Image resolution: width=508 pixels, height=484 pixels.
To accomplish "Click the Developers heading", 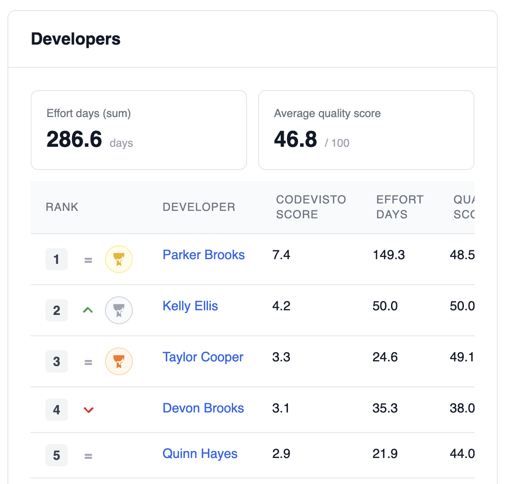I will click(x=76, y=39).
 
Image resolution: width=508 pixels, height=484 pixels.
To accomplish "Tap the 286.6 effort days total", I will click(x=74, y=139).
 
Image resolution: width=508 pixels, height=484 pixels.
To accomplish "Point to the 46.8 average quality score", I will click(x=295, y=139).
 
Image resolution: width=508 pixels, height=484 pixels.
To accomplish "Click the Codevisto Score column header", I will click(x=311, y=207).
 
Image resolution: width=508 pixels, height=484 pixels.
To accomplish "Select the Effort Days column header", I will click(x=399, y=207).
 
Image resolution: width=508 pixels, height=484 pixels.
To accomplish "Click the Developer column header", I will click(x=199, y=207).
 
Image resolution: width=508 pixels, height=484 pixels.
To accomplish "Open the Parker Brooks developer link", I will click(x=203, y=255).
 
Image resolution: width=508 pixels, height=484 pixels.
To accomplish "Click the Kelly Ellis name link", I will click(x=190, y=306).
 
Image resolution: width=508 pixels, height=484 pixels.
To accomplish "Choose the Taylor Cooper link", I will click(x=203, y=357).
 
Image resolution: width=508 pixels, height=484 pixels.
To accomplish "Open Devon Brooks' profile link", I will click(x=203, y=408).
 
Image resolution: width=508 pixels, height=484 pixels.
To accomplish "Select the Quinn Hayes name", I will click(x=200, y=453).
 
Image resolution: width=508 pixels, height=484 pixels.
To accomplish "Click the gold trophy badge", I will click(x=119, y=259).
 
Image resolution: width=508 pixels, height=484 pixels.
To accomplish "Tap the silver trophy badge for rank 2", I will click(x=119, y=310).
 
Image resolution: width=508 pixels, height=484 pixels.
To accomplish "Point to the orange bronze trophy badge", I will click(x=119, y=361).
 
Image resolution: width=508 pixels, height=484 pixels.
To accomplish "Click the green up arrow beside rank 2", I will click(x=88, y=310).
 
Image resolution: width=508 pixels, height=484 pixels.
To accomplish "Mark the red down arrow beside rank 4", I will click(x=88, y=410).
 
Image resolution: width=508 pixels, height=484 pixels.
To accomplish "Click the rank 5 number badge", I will click(x=57, y=455).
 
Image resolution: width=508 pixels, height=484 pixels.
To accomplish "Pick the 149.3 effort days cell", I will click(x=389, y=255).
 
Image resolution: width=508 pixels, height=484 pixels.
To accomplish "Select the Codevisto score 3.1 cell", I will click(x=281, y=408).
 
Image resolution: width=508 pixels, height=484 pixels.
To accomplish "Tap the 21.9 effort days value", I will click(x=385, y=453).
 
